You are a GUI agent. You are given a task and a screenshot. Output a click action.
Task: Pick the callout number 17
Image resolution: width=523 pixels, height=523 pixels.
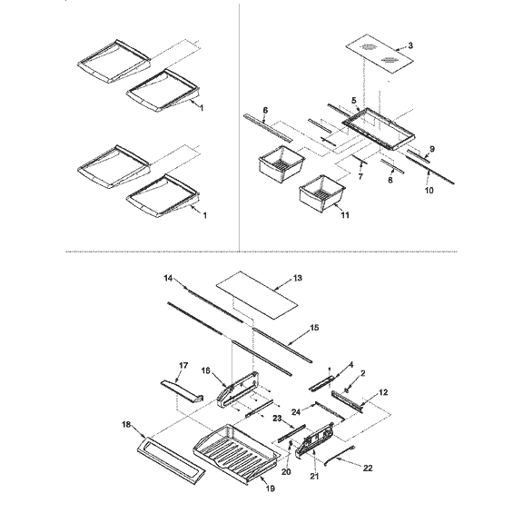coord(183,366)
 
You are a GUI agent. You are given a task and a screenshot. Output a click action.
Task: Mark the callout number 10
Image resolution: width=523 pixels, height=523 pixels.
coord(429,192)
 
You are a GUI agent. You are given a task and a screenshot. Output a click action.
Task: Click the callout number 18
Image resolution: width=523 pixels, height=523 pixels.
coord(125,424)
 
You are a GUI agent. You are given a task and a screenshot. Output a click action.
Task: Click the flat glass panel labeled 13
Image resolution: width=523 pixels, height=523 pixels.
coord(259,288)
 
